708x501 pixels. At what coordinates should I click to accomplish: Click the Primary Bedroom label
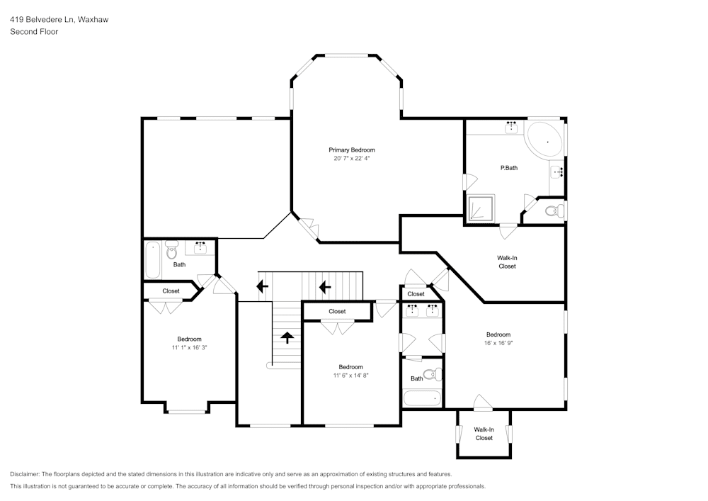pos(351,150)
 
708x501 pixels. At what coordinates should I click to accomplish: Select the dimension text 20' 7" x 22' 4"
pos(351,159)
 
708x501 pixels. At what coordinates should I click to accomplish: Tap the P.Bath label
pos(508,168)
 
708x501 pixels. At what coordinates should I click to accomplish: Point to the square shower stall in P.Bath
pos(481,208)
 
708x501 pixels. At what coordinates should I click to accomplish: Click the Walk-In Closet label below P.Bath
pos(507,262)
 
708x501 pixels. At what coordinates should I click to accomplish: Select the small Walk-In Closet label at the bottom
pos(484,434)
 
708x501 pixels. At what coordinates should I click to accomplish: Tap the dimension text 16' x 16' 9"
pos(498,343)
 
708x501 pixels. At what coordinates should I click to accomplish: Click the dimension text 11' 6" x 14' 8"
pos(350,376)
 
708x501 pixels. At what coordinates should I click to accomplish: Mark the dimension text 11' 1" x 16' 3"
pos(189,347)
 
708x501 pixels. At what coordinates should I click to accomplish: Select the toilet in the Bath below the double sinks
pos(430,375)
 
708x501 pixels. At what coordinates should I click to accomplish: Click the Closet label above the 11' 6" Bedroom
pos(337,311)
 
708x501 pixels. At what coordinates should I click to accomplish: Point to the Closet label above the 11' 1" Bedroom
pos(171,291)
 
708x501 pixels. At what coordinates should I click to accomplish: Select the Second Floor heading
pos(34,32)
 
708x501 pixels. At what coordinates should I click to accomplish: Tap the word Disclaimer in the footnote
pos(25,474)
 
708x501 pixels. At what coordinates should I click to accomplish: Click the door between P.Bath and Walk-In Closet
pos(507,230)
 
